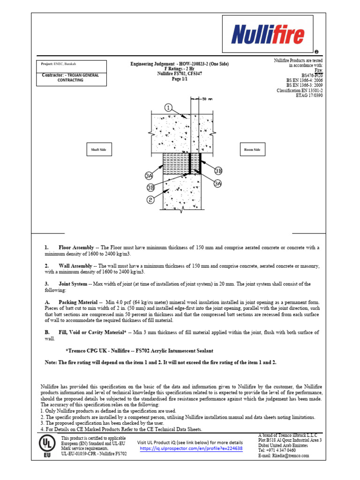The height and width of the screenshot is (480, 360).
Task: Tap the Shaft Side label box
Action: [98, 150]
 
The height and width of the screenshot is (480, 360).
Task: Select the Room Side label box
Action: [252, 150]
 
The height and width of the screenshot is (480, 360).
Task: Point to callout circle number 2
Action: [151, 200]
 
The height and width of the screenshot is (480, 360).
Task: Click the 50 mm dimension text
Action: [207, 99]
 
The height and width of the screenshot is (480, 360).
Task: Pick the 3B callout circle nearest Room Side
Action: [218, 170]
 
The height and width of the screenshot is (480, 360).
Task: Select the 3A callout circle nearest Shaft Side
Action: [149, 176]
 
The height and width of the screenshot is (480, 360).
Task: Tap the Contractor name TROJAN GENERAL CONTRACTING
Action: [71, 78]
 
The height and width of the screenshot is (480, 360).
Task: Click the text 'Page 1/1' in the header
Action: [180, 79]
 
